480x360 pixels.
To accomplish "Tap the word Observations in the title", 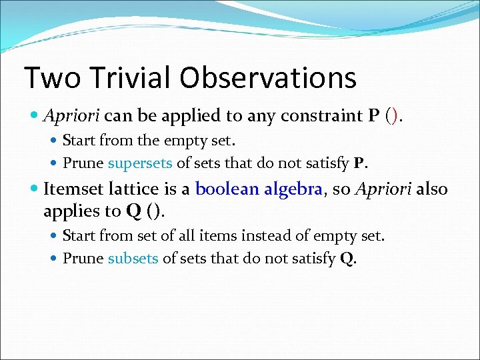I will point(268,78).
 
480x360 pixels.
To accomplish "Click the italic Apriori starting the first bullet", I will point(71,116).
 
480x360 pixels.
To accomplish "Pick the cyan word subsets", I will point(133,259).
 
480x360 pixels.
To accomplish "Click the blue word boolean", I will point(227,189).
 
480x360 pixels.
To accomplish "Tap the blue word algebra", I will point(293,189).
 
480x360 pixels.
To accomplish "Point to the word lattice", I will point(131,189).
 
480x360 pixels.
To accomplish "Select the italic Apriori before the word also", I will point(383,189).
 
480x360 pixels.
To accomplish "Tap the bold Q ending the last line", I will point(347,259).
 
